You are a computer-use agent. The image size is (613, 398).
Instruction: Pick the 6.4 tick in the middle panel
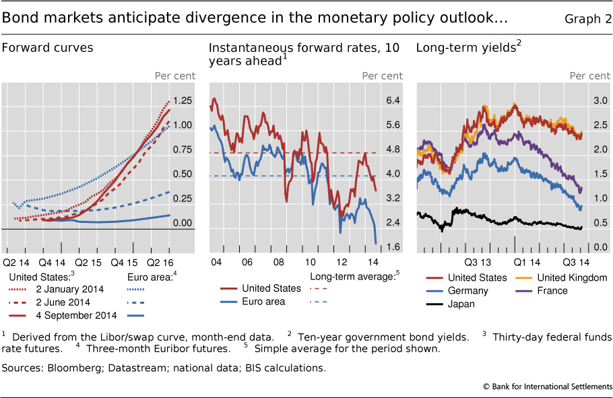[393, 100]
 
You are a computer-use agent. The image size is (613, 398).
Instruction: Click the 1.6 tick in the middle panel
[393, 247]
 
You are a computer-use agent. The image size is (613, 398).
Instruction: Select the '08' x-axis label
[278, 261]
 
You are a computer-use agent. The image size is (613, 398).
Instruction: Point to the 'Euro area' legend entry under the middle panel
[265, 301]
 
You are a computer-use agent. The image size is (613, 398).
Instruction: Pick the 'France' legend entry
[552, 290]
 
